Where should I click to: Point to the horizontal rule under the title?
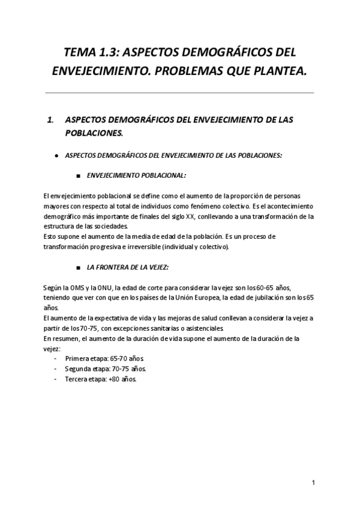click(180, 93)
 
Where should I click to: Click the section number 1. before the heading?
click(50, 119)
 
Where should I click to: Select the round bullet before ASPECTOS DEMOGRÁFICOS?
click(56, 155)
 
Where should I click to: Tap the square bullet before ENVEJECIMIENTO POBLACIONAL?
click(79, 176)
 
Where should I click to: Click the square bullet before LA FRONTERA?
click(79, 265)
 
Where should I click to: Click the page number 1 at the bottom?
click(313, 483)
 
